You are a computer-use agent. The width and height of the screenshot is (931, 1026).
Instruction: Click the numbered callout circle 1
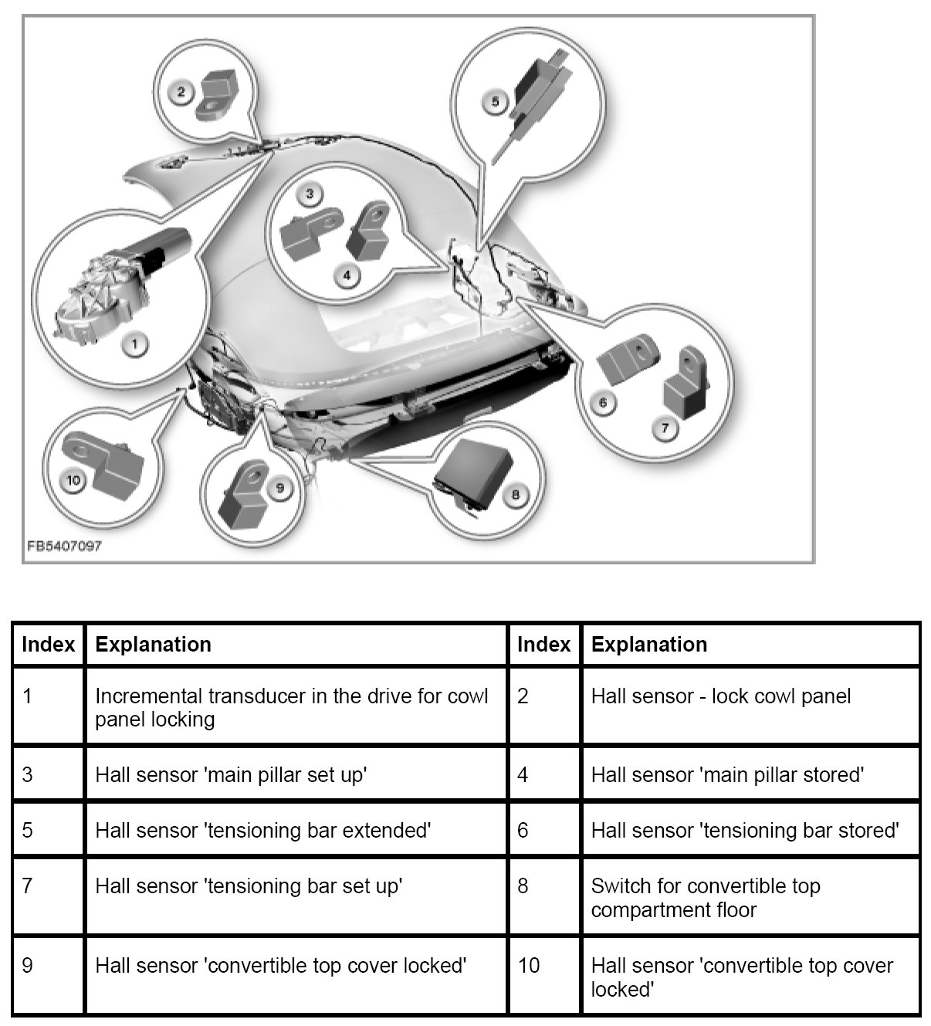point(135,344)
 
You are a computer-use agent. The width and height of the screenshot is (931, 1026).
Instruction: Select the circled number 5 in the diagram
point(496,101)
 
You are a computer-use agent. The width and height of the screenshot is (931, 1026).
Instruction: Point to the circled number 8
point(516,495)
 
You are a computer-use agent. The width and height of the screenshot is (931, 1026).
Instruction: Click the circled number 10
point(74,481)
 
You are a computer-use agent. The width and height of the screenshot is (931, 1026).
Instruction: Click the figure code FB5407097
point(64,546)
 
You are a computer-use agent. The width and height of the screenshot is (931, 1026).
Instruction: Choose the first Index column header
point(49,645)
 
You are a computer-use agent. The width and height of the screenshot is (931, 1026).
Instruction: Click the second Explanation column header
point(649,645)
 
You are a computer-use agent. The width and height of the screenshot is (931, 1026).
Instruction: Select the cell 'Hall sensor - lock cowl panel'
point(720,696)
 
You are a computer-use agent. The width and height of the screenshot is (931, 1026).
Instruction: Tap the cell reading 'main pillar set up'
point(230,774)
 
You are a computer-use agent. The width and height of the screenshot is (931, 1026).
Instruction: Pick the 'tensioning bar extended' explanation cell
point(262,831)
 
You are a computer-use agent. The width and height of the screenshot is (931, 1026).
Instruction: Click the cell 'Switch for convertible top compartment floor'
point(705,897)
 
